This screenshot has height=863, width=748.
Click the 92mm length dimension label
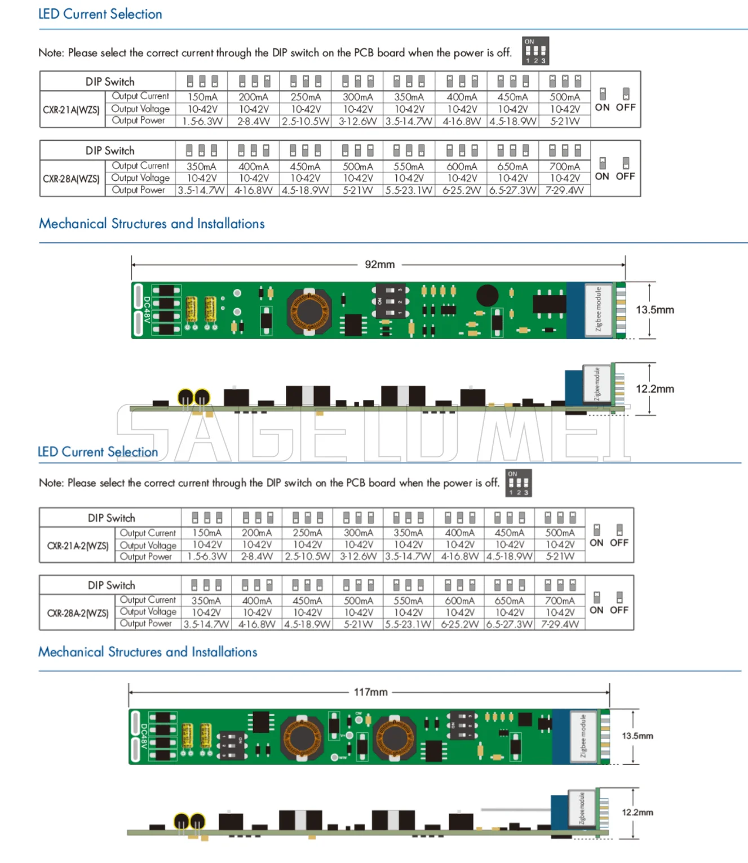pyautogui.click(x=379, y=264)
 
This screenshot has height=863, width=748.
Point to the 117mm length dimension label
pyautogui.click(x=370, y=692)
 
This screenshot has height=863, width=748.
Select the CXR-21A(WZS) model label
pyautogui.click(x=71, y=109)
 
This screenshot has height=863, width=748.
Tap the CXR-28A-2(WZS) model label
pyautogui.click(x=78, y=612)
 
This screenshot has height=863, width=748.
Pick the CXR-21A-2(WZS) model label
pyautogui.click(x=78, y=545)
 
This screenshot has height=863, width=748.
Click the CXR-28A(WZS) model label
pyautogui.click(x=71, y=179)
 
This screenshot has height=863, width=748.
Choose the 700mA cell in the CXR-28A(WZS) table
pyautogui.click(x=564, y=166)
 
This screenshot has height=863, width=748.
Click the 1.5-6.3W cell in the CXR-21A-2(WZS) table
pyautogui.click(x=207, y=557)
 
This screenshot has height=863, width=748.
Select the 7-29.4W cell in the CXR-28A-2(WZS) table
pyautogui.click(x=560, y=624)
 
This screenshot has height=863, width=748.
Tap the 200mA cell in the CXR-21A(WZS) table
pyautogui.click(x=253, y=97)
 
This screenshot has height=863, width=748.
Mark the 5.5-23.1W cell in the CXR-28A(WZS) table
pyautogui.click(x=409, y=190)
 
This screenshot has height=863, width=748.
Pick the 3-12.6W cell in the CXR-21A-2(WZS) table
pyautogui.click(x=358, y=557)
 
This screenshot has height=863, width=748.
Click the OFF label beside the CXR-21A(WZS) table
pyautogui.click(x=626, y=107)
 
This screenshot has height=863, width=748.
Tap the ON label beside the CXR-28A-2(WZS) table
pyautogui.click(x=596, y=610)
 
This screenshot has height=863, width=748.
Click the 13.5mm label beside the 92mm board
pyautogui.click(x=654, y=310)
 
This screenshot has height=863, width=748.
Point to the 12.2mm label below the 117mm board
pyautogui.click(x=638, y=812)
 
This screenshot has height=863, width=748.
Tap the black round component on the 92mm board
pyautogui.click(x=487, y=295)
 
